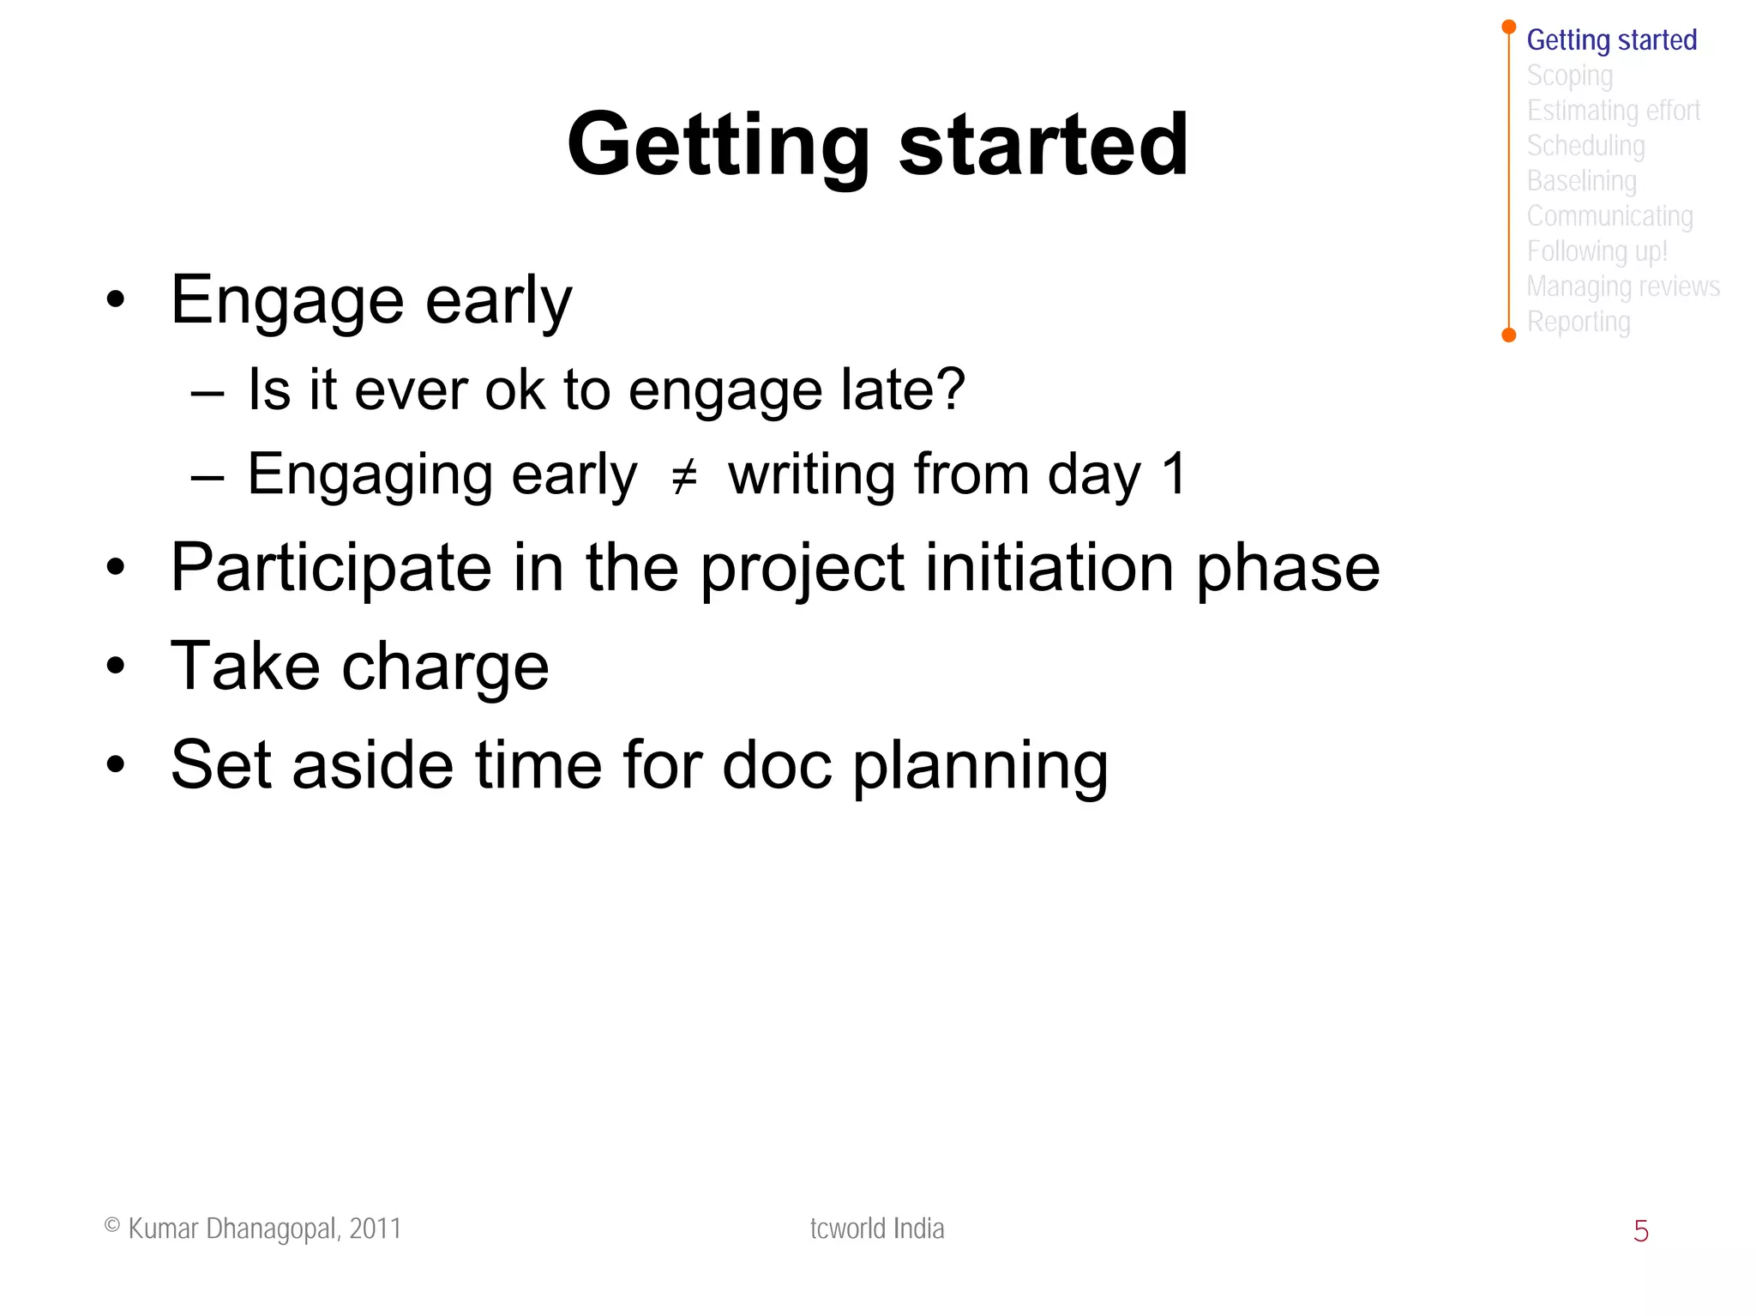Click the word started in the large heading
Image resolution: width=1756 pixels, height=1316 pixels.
(1043, 146)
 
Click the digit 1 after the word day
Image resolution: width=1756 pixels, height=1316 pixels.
(1173, 474)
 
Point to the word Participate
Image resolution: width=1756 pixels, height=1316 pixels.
(331, 568)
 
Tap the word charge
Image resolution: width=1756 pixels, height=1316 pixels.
(445, 667)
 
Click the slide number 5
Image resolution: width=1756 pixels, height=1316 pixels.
(1640, 1231)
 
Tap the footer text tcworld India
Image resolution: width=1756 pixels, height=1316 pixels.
(876, 1228)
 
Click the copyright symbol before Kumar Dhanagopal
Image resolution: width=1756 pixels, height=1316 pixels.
(111, 1225)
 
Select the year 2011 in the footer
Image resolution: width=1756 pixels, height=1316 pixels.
(376, 1228)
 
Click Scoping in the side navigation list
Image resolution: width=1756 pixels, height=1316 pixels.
(1569, 75)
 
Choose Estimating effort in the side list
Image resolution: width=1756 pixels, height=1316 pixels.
(1613, 111)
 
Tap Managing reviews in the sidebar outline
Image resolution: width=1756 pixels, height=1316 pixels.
(1622, 287)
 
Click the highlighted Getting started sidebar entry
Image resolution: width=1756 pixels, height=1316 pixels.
(1611, 40)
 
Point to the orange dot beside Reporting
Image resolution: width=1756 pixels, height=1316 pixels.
(1509, 335)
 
